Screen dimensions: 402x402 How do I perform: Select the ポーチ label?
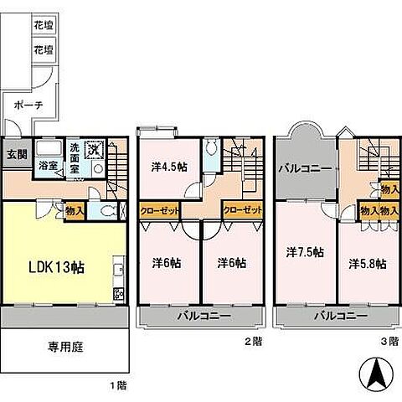[x=28, y=106]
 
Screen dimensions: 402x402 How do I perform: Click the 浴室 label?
[x=47, y=166]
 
